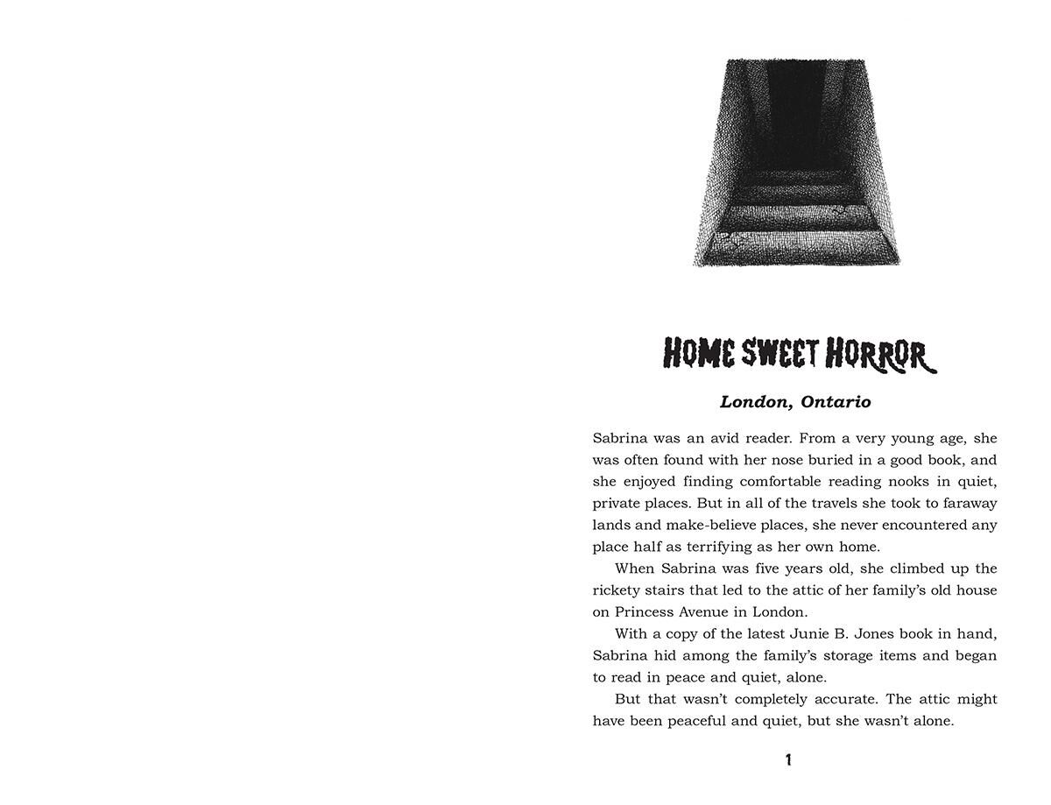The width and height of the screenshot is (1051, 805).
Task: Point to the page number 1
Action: pyautogui.click(x=788, y=760)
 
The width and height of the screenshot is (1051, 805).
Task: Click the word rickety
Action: pyautogui.click(x=618, y=590)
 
